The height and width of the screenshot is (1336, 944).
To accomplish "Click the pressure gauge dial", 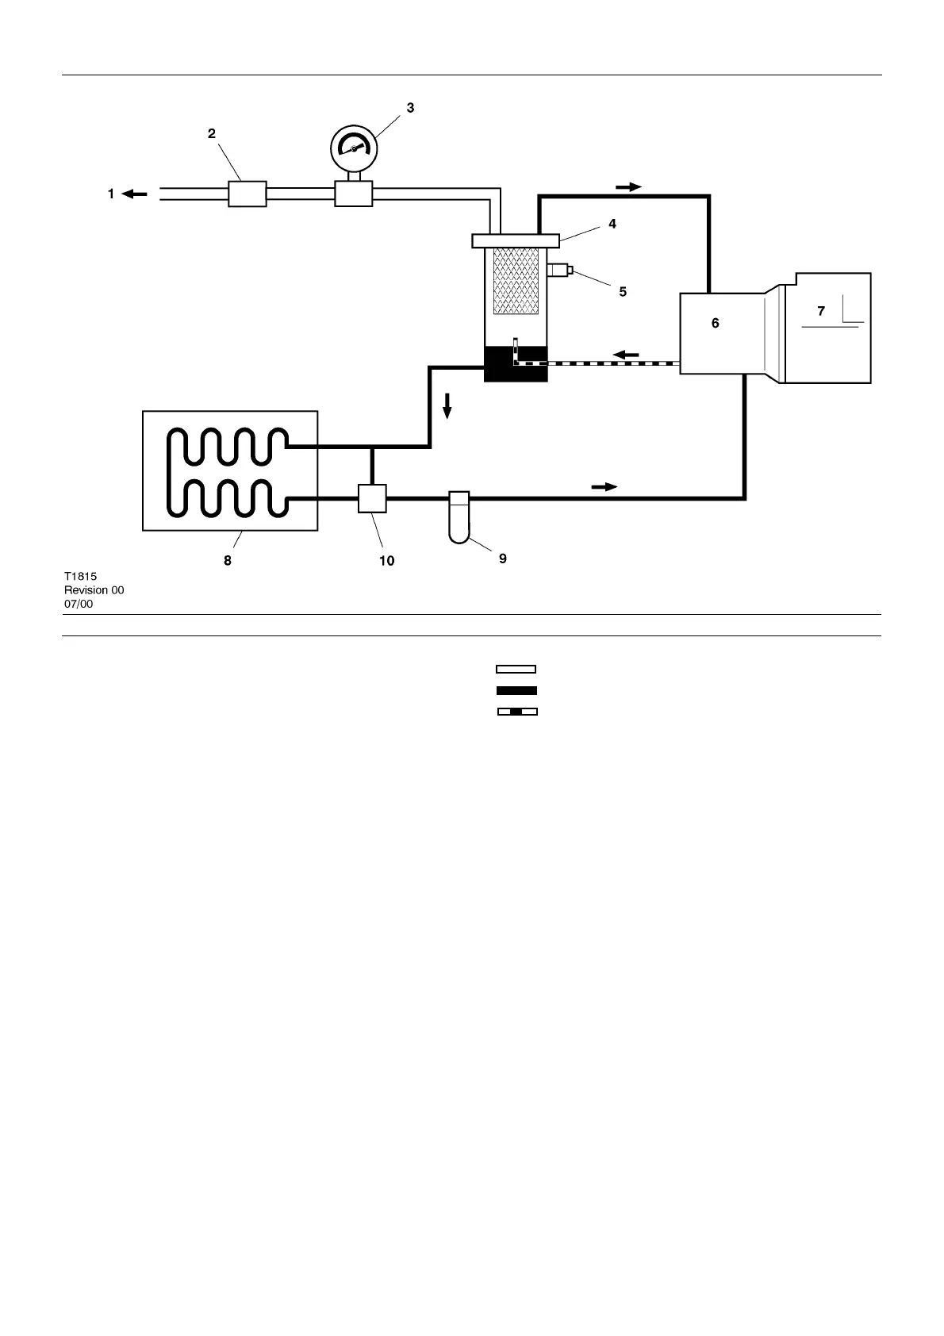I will (x=353, y=148).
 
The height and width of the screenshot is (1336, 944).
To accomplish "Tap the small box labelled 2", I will (x=247, y=194).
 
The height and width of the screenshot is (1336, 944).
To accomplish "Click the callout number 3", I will (x=410, y=108).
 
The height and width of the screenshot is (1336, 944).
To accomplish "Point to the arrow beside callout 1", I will (x=135, y=194).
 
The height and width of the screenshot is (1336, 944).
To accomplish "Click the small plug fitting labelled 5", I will (x=559, y=271).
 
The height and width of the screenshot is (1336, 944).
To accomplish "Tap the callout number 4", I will (x=612, y=225).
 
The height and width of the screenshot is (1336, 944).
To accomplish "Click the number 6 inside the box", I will (x=715, y=324).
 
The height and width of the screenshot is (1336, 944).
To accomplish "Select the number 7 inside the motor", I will (x=821, y=312).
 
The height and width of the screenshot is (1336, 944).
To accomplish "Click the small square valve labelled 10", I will (x=372, y=499).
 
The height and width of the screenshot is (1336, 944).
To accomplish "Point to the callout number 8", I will (x=228, y=560).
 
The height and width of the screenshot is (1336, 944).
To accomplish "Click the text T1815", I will (x=80, y=577).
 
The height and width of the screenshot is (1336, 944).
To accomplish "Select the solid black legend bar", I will (x=516, y=690).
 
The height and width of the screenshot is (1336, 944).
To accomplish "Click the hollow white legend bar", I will (x=516, y=669).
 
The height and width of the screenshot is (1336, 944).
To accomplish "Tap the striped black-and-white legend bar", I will (x=516, y=711).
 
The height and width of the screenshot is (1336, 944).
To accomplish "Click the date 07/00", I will (x=79, y=604).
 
